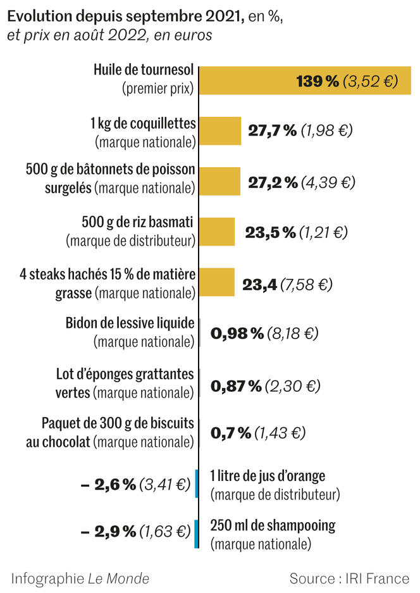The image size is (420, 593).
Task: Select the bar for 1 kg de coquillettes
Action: coord(220,131)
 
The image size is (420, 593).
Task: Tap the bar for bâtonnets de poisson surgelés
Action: coord(219,182)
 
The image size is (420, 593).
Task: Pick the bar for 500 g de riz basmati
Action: coord(217,232)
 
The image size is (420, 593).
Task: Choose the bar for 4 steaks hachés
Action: coord(217,283)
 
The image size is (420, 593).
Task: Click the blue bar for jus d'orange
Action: coord(197,484)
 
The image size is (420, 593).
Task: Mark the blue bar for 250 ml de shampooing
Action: coord(197,534)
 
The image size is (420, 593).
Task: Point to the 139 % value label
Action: coord(318,81)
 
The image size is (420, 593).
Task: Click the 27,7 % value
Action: coord(272,131)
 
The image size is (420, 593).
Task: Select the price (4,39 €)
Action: coord(328,182)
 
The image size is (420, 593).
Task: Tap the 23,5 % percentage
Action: coord(270,232)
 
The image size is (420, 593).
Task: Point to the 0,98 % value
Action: coord(237,334)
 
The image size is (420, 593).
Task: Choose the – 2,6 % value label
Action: coord(108,485)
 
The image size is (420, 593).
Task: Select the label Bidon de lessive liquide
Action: coord(130,323)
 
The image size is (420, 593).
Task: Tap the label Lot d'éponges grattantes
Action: coord(125,374)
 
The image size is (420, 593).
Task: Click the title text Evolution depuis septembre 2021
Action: coord(125,17)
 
